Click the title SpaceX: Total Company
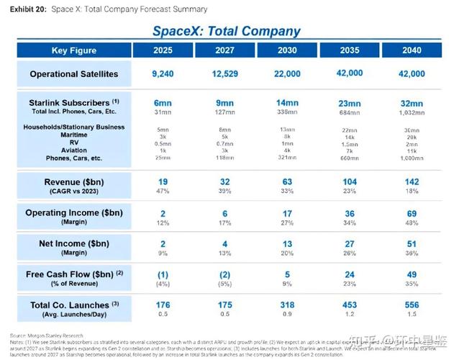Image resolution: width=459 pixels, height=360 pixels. (x=226, y=31)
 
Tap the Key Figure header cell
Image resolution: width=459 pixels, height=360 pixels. (x=74, y=50)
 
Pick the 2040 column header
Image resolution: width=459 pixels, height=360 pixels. (x=412, y=50)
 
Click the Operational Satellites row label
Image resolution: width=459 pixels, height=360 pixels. (x=74, y=74)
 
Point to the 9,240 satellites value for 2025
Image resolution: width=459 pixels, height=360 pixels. (x=163, y=73)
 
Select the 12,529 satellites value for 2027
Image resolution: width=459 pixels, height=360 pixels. (x=225, y=73)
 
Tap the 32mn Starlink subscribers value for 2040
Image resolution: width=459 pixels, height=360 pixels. (x=412, y=103)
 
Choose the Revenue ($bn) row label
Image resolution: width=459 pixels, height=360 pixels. (x=74, y=182)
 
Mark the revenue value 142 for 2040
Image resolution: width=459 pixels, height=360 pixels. (x=412, y=182)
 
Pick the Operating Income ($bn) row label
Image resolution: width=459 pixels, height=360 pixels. (x=74, y=213)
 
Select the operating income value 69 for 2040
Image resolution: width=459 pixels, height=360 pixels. (x=412, y=213)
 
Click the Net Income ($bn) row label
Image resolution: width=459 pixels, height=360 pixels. (x=74, y=244)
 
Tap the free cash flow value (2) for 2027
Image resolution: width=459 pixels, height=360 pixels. (x=225, y=274)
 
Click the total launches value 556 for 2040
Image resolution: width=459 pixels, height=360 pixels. (x=412, y=305)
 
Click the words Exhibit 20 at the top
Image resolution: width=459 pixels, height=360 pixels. (x=26, y=9)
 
